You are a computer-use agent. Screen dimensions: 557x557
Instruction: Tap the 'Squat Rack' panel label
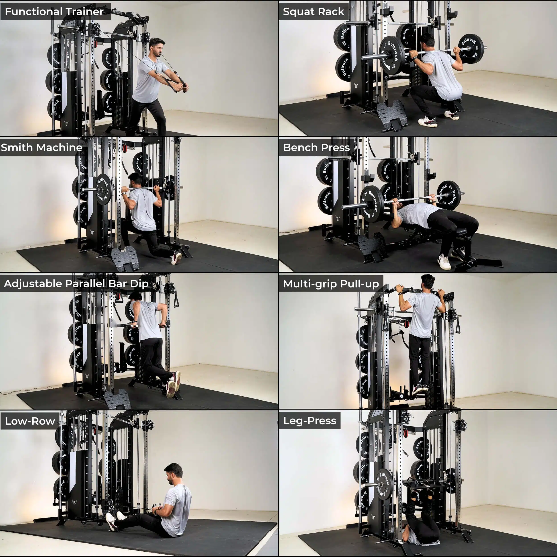click(313, 12)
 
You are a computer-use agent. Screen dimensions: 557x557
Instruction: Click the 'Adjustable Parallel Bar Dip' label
click(76, 283)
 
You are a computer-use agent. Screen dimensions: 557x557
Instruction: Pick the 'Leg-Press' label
click(310, 421)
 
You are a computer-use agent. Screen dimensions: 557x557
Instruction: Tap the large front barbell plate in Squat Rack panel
click(392, 56)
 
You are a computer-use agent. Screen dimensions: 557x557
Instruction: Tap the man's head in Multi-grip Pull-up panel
click(428, 282)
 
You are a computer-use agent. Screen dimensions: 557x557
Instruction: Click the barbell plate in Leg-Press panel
click(385, 485)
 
